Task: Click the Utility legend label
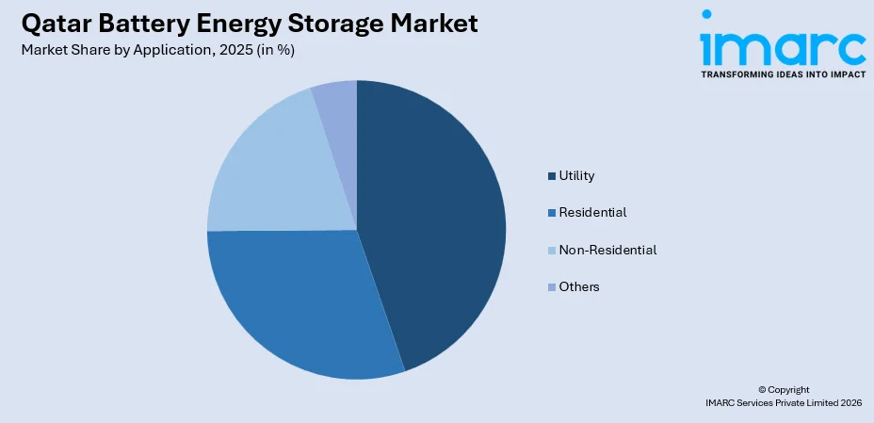click(576, 175)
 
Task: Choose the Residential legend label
click(592, 213)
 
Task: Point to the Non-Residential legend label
click(607, 250)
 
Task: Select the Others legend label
click(579, 286)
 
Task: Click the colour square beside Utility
click(552, 176)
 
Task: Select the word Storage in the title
click(326, 23)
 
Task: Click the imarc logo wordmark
click(782, 41)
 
